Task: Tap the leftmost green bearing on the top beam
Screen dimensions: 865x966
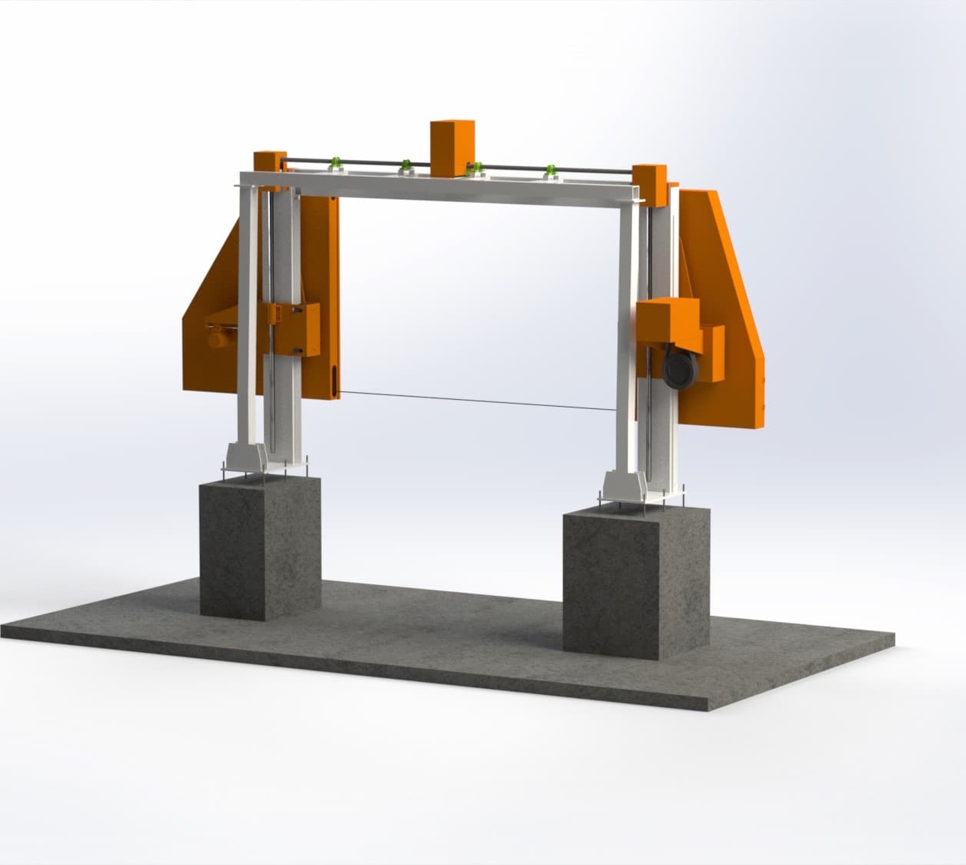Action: click(335, 163)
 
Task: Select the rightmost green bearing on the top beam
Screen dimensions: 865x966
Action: click(551, 171)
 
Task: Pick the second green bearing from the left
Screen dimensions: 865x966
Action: click(405, 165)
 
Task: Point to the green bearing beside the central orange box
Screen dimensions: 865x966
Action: click(476, 168)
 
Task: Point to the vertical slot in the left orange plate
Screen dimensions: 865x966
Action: click(335, 381)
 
